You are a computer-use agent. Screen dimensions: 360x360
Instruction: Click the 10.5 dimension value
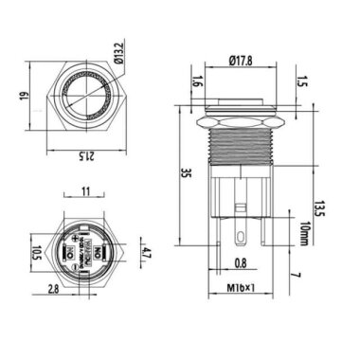click(36, 254)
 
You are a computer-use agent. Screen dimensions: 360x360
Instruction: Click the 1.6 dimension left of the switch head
click(196, 81)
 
